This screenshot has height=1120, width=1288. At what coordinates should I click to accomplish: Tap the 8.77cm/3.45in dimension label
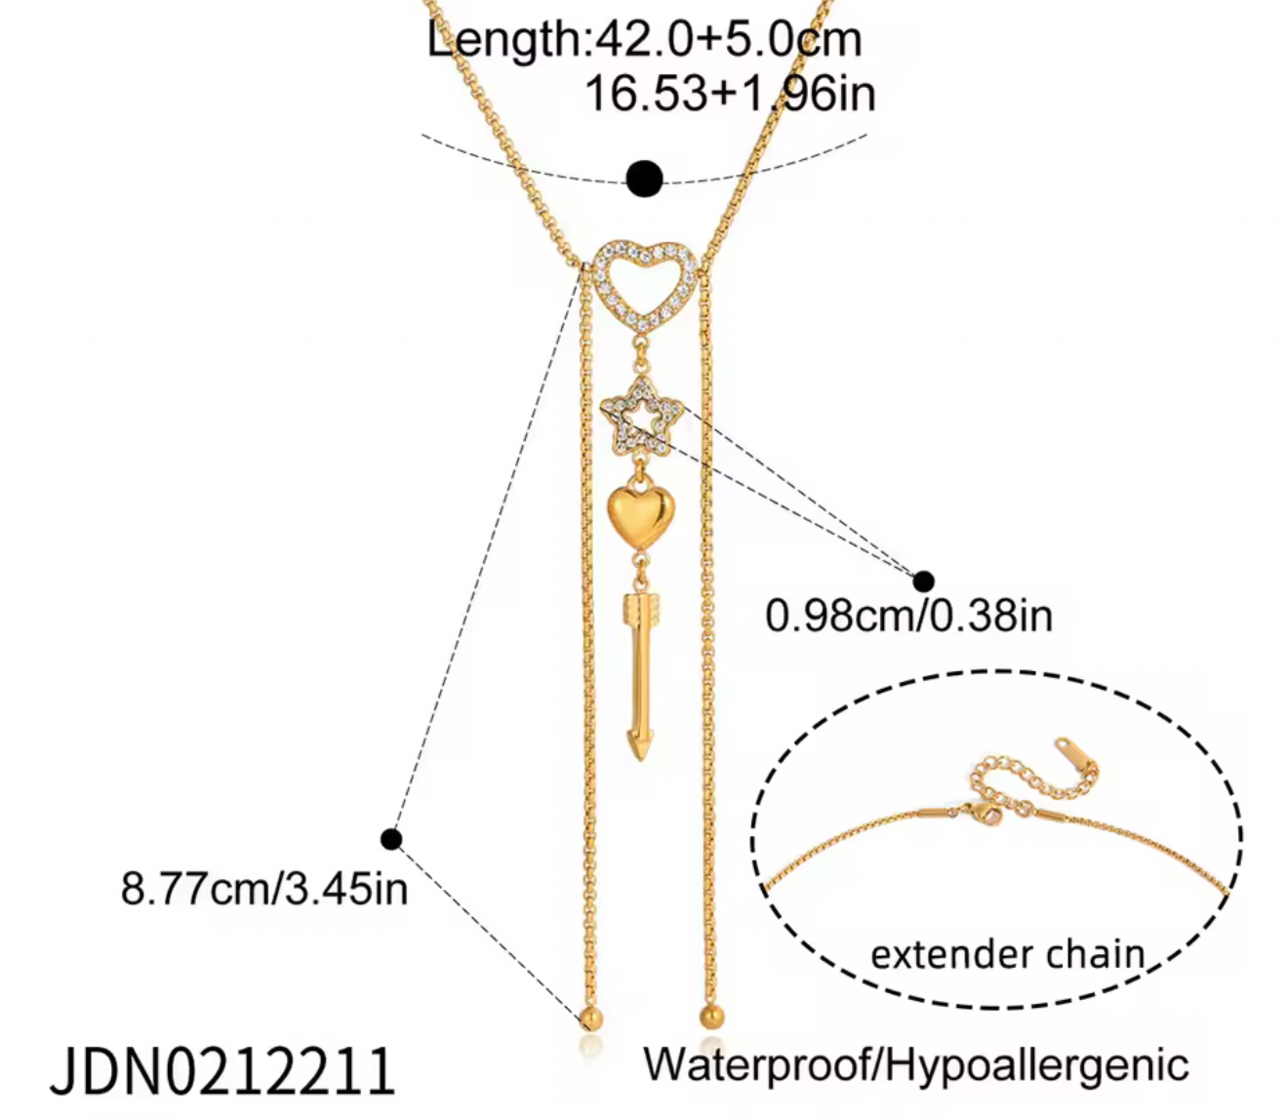pyautogui.click(x=264, y=889)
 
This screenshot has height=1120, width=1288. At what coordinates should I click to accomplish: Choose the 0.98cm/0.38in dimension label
pyautogui.click(x=908, y=615)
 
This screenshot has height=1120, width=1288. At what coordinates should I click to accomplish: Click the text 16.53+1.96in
pyautogui.click(x=730, y=95)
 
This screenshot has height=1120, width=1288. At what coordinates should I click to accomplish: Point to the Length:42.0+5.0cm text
pyautogui.click(x=644, y=39)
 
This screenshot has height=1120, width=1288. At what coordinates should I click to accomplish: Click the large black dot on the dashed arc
pyautogui.click(x=645, y=179)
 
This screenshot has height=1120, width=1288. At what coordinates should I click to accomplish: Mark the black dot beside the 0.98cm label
pyautogui.click(x=923, y=580)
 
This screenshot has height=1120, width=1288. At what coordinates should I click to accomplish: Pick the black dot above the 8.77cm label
pyautogui.click(x=391, y=839)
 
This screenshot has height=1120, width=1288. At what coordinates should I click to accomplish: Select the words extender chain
pyautogui.click(x=1007, y=954)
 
